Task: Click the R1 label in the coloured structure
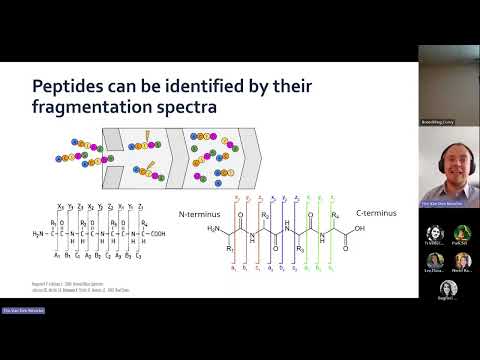[229, 248]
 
